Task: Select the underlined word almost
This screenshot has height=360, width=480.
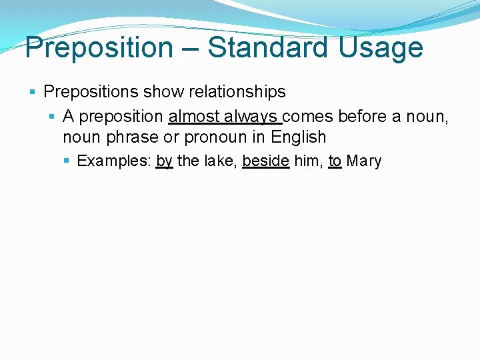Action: click(x=194, y=117)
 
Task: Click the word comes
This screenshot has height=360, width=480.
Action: click(x=309, y=117)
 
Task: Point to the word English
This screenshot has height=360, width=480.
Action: click(x=299, y=137)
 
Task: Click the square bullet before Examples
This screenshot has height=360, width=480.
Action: click(x=68, y=161)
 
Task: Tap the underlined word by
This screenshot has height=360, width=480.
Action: click(x=164, y=161)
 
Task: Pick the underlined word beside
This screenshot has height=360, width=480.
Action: click(x=265, y=161)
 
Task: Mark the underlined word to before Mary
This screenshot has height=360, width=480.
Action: click(x=335, y=161)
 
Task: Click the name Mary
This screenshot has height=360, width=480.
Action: click(x=364, y=161)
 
